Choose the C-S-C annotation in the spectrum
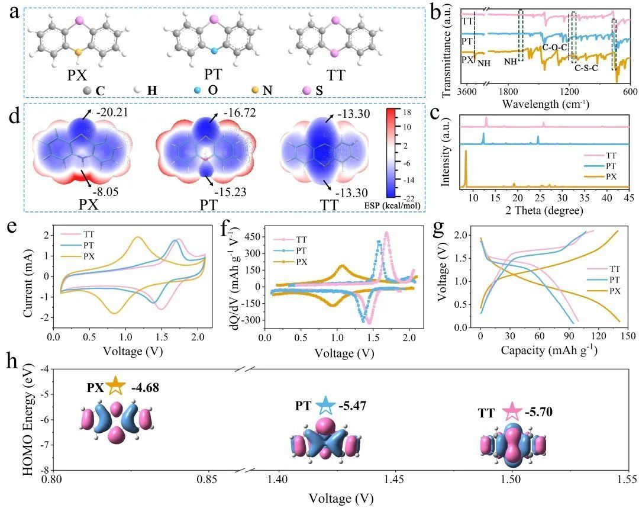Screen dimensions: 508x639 [x=589, y=67]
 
